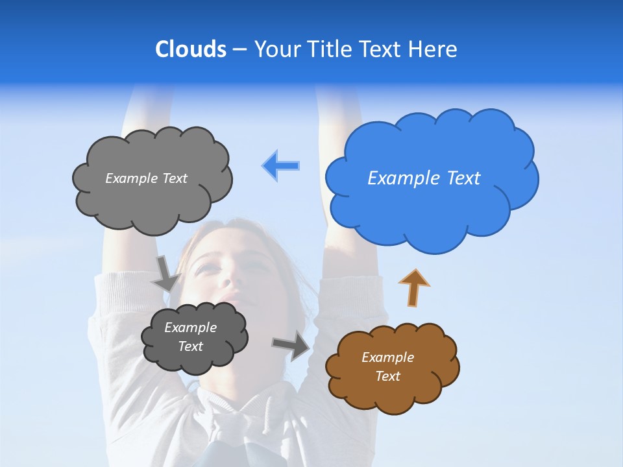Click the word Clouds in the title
(191, 49)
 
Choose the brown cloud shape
(392, 368)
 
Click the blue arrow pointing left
(281, 165)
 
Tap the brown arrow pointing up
(414, 287)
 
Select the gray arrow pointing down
(166, 272)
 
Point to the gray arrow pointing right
(291, 346)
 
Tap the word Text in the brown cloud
(387, 376)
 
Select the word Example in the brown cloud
(387, 357)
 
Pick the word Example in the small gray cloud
(190, 328)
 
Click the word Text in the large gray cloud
(174, 178)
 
